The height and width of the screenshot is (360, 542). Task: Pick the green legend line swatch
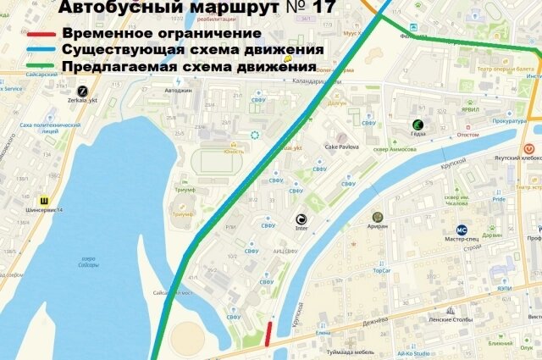tap(42, 67)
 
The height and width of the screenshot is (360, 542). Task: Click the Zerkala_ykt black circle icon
tap(83, 90)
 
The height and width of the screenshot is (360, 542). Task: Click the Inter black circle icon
tap(301, 218)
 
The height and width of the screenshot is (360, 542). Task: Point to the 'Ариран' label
tap(378, 226)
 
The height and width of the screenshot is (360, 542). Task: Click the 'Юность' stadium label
tap(235, 152)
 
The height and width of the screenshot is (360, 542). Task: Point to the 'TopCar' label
tap(381, 272)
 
